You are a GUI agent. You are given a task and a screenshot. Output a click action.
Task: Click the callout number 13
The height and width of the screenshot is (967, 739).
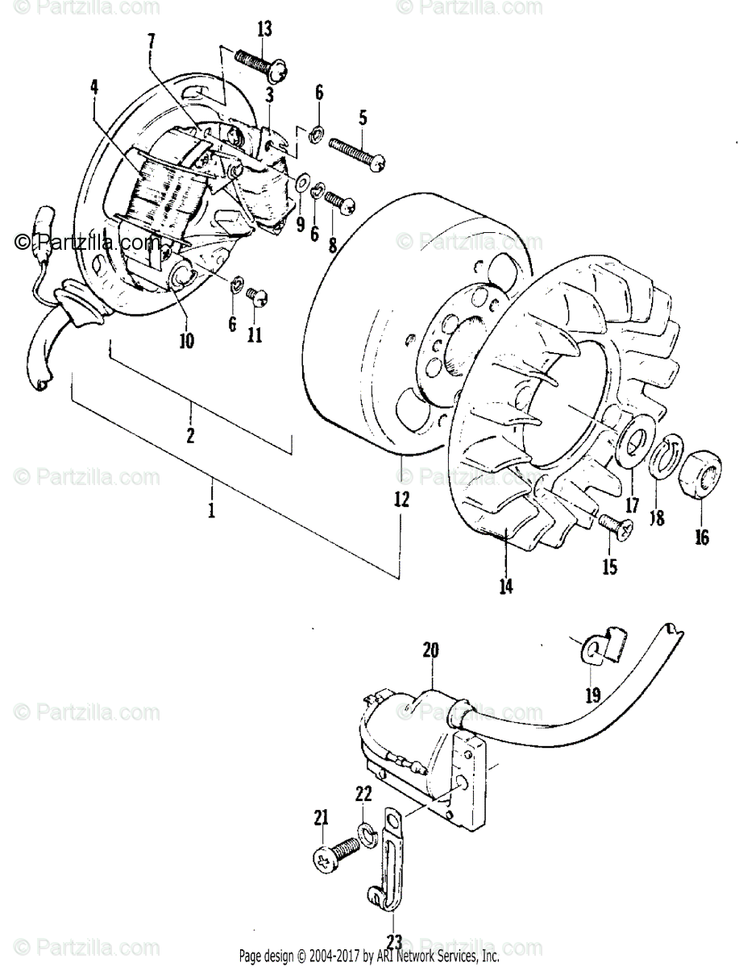tap(264, 31)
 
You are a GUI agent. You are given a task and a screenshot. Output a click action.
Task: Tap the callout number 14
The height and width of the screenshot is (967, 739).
tap(505, 587)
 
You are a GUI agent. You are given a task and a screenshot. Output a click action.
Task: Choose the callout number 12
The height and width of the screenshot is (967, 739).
tap(401, 499)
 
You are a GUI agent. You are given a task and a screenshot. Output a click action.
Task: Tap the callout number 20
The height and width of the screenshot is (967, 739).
tap(429, 650)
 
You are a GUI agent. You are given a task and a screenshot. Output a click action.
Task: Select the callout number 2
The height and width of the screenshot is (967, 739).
tap(190, 436)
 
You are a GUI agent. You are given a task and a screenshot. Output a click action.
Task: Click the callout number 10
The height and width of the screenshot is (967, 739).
tap(186, 341)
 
